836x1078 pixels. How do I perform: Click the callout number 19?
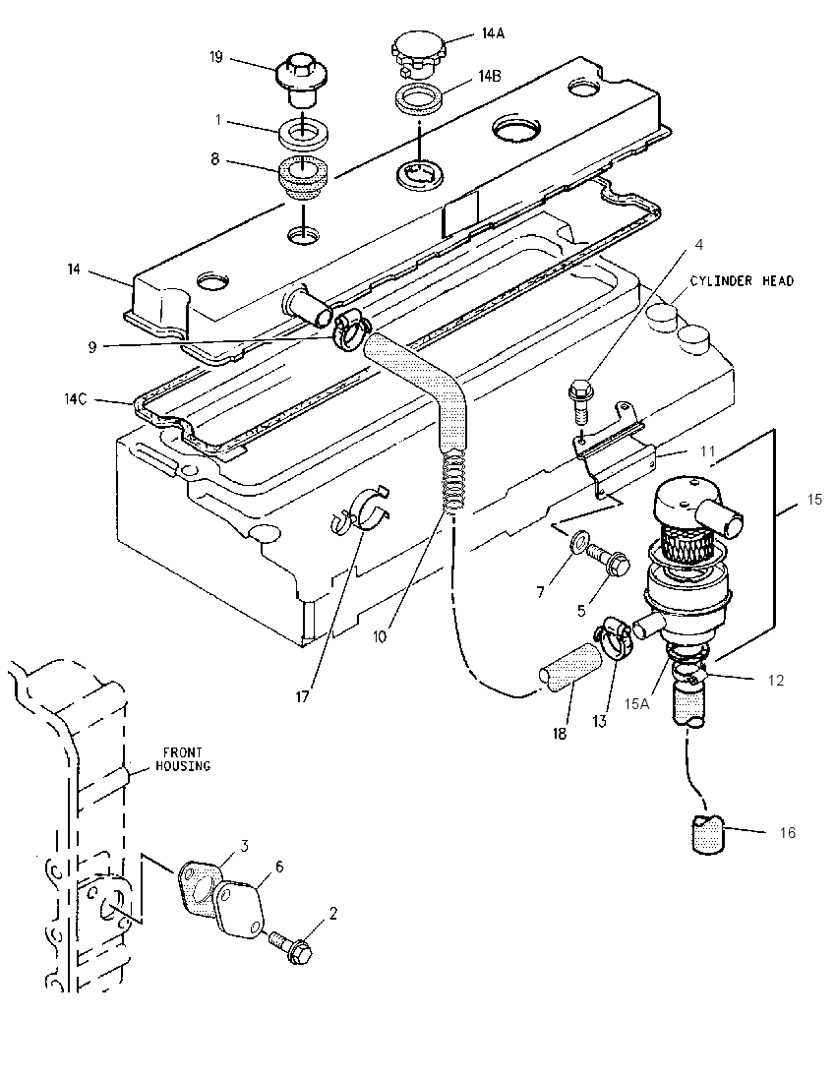tap(215, 57)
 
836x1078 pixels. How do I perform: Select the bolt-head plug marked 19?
tap(302, 82)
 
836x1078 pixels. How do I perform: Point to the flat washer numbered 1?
tap(303, 132)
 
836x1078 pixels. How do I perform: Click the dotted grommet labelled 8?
tap(303, 179)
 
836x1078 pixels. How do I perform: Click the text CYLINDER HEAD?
tap(742, 280)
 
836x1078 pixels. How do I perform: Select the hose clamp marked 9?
tap(350, 328)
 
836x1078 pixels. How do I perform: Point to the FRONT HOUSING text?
tap(182, 758)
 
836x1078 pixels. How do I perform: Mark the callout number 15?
tap(814, 499)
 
